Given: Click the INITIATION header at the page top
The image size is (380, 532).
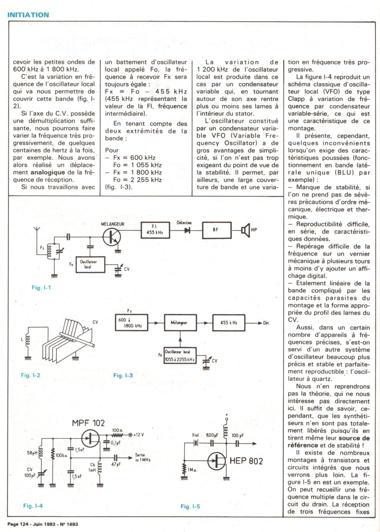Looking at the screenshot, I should pyautogui.click(x=28, y=15).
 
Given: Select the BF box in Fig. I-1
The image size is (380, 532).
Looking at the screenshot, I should pyautogui.click(x=216, y=230).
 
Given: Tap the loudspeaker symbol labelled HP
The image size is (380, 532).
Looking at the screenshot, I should pyautogui.click(x=245, y=230).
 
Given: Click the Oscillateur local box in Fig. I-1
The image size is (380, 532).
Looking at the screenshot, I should pyautogui.click(x=90, y=264).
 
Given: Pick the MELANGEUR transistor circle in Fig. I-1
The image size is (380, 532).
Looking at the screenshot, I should pyautogui.click(x=111, y=237).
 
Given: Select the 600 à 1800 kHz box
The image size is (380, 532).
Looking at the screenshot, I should pyautogui.click(x=131, y=323).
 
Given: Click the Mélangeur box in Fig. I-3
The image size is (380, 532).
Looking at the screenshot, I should pyautogui.click(x=180, y=323).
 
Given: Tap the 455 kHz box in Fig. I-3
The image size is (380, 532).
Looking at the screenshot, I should pyautogui.click(x=229, y=323).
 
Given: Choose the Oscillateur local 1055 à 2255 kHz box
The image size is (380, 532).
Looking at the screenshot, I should pyautogui.click(x=180, y=356).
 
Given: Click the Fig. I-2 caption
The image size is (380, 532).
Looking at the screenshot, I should pyautogui.click(x=31, y=375).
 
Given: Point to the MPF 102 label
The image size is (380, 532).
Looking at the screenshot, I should pyautogui.click(x=88, y=423).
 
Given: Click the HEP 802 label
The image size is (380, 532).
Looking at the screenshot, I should pyautogui.click(x=246, y=461).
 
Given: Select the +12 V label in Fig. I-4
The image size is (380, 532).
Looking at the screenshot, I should pyautogui.click(x=138, y=435).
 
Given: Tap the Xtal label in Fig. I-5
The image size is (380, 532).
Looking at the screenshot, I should pyautogui.click(x=195, y=435).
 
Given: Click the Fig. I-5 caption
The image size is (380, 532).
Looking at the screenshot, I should pyautogui.click(x=190, y=506).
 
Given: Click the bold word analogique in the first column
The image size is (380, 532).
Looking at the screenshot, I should pyautogui.click(x=48, y=172).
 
